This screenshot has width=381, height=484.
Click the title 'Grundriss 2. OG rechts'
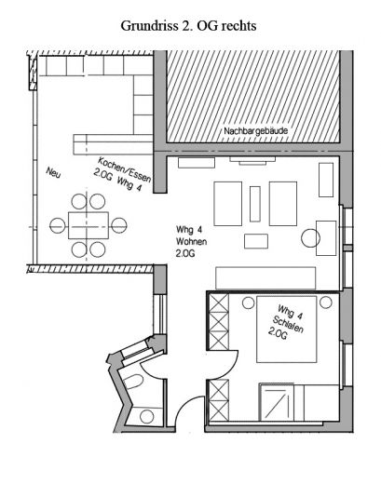[x=189, y=26]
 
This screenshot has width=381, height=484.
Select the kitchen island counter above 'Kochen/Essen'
[x=111, y=144]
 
